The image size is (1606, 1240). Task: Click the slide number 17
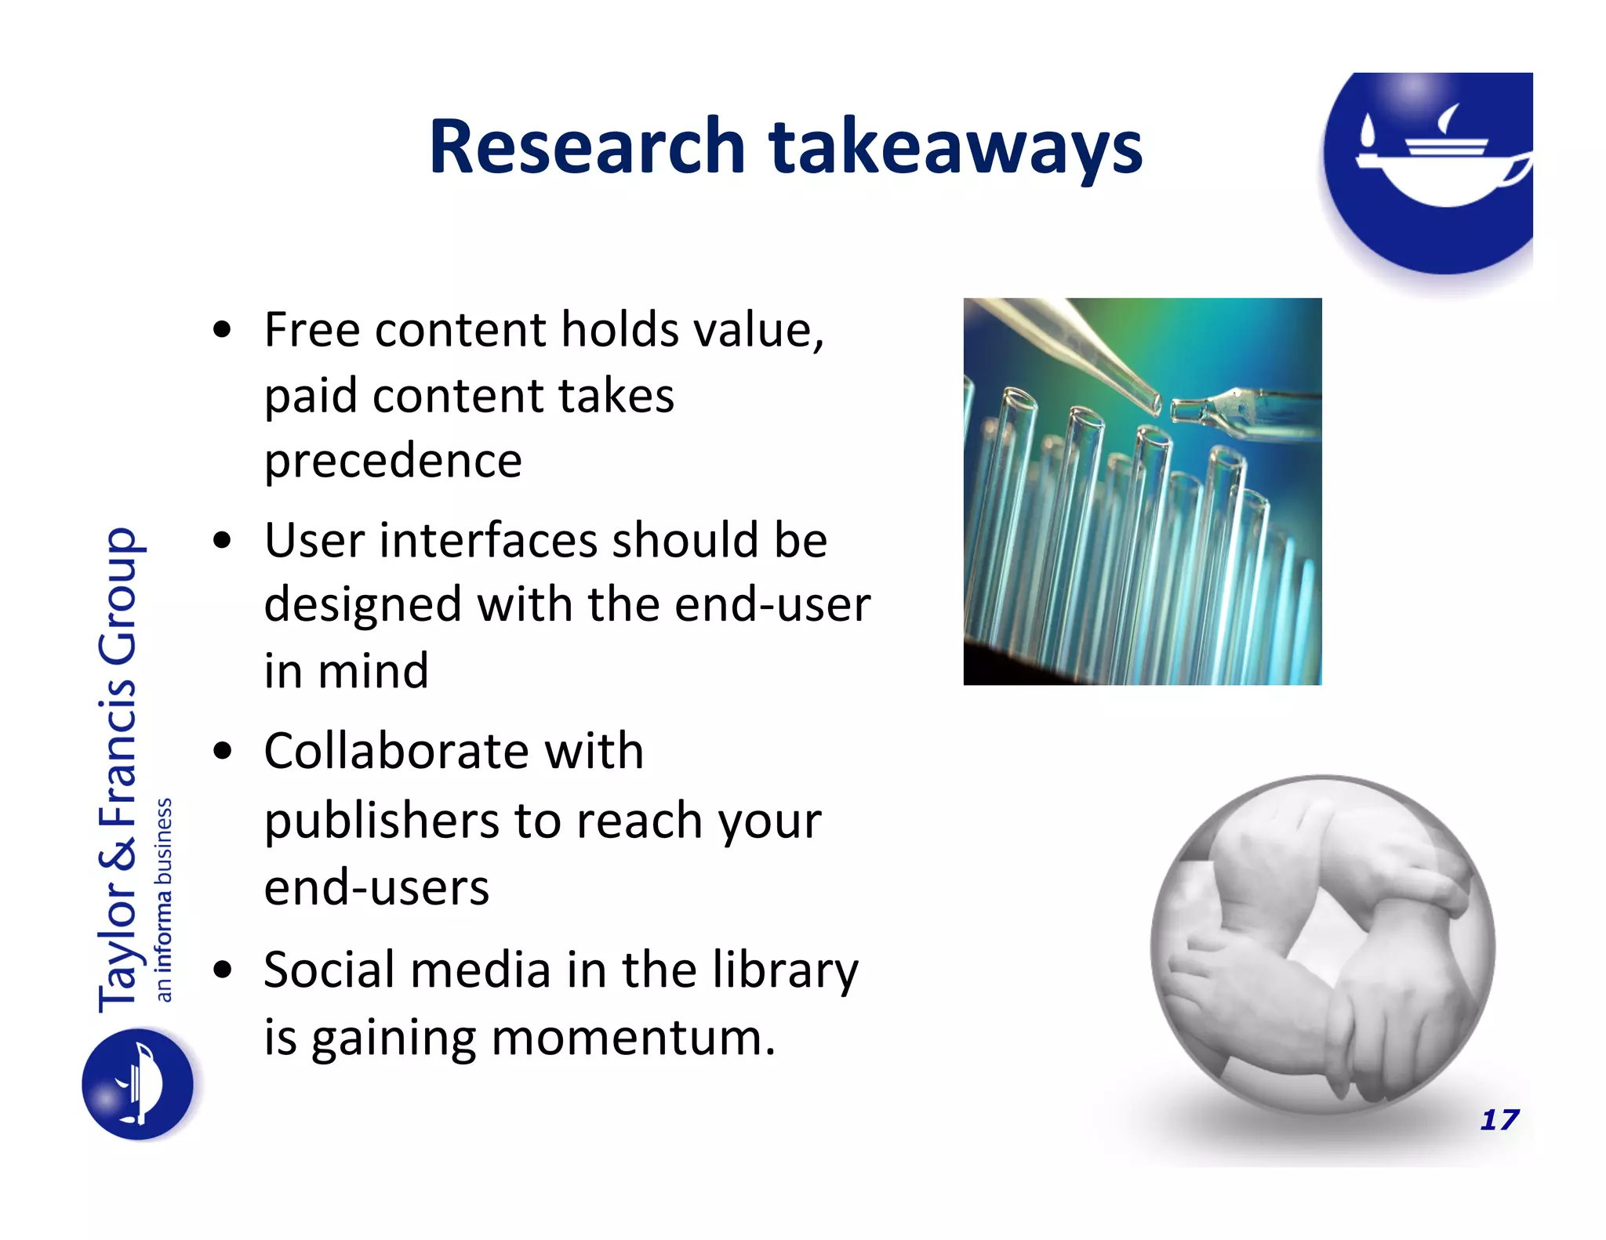(1499, 1119)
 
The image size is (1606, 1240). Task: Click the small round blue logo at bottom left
(138, 1084)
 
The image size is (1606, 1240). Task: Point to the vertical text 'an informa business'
(163, 900)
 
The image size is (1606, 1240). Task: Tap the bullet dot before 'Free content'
(223, 331)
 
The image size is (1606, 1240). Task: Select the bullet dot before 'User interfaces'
(223, 541)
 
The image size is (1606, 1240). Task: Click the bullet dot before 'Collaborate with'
(223, 752)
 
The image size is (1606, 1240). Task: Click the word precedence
(393, 461)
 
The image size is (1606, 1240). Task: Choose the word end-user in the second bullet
(772, 605)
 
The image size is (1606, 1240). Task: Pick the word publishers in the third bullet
(381, 821)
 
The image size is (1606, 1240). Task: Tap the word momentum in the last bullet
(627, 1038)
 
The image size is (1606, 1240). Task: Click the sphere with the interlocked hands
(1323, 945)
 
